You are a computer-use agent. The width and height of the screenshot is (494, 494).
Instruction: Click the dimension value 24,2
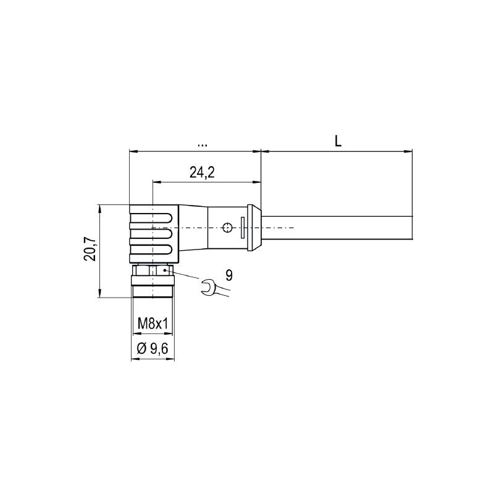tap(202, 173)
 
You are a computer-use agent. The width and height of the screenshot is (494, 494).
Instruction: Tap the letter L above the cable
tap(338, 141)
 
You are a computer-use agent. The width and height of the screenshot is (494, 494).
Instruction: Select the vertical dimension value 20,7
tap(91, 249)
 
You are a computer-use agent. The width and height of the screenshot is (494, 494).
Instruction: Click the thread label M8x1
tap(153, 323)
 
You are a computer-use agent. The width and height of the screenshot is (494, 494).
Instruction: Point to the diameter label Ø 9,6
tap(153, 350)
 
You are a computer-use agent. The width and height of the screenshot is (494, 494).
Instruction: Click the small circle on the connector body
tap(228, 228)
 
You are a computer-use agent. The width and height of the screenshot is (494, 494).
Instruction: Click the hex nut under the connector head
tap(153, 271)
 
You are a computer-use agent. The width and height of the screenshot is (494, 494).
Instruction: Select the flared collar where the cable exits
tap(254, 228)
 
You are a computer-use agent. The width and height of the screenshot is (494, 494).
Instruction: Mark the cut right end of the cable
tap(412, 228)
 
